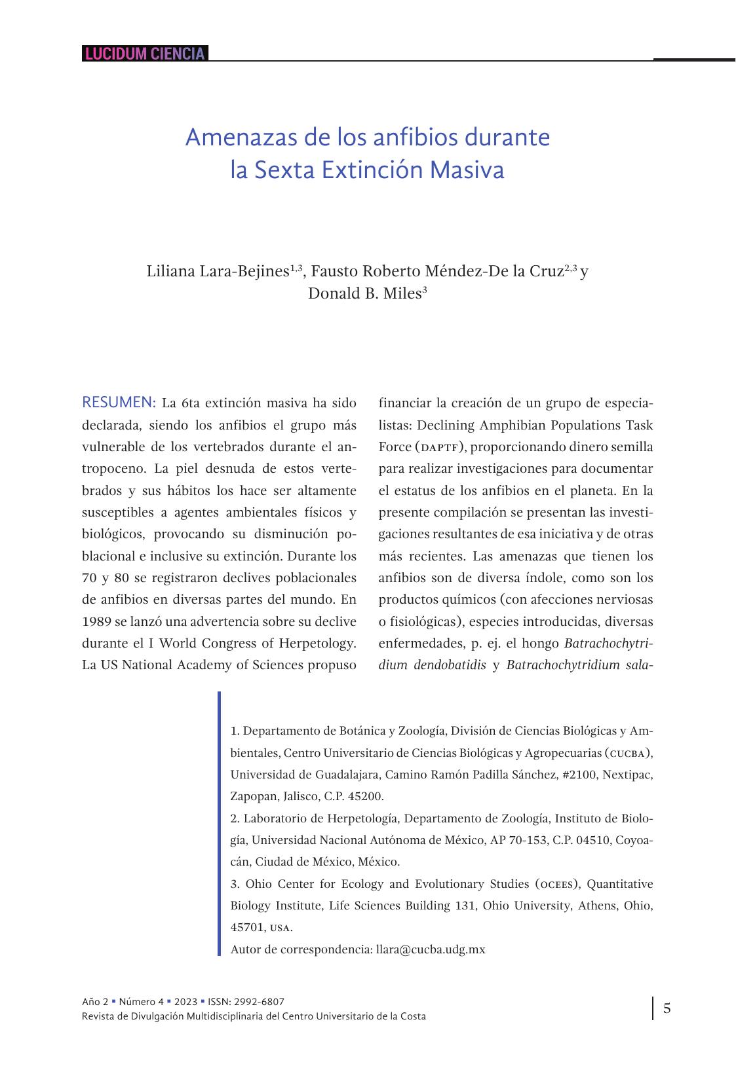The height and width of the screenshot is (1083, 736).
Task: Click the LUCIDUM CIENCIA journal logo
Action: [145, 54]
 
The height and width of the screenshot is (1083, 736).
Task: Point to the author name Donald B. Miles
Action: [364, 293]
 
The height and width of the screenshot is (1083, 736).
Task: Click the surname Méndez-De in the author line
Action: [462, 271]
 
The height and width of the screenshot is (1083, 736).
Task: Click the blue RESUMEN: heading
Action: [119, 401]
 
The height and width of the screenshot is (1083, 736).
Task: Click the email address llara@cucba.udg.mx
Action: [431, 949]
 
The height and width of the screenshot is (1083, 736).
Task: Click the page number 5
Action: [667, 1008]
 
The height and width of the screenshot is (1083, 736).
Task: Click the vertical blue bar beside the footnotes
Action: [220, 824]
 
